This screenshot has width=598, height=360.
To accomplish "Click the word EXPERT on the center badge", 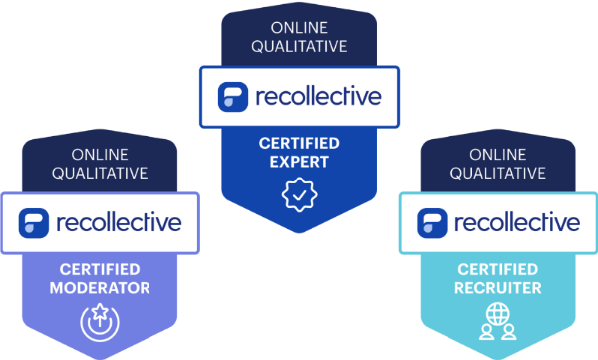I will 299,162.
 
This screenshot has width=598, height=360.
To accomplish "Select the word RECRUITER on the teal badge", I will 498,288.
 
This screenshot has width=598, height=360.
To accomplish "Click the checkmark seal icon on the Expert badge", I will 299,195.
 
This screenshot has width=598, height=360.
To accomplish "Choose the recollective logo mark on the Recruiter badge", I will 432,221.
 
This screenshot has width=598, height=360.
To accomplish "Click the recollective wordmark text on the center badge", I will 316,97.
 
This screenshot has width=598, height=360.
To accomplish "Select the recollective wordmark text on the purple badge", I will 119,221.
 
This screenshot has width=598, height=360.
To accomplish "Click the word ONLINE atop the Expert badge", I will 300,26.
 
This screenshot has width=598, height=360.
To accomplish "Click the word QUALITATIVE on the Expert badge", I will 300,46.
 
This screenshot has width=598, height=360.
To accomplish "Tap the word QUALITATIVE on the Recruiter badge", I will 498,173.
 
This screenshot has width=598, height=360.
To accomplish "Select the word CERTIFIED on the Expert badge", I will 299,143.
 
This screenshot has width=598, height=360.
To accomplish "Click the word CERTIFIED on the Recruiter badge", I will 498,269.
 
